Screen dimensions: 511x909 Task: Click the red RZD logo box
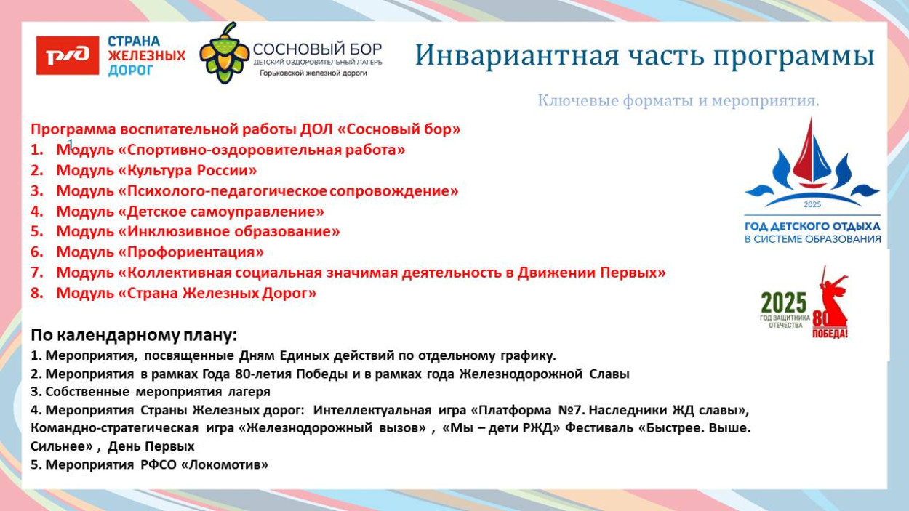click(68, 56)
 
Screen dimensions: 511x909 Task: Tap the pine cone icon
click(225, 52)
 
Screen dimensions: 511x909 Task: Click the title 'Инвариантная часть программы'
click(644, 56)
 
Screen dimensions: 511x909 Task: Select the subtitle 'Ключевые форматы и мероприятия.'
click(678, 101)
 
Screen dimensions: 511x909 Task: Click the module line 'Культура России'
click(156, 171)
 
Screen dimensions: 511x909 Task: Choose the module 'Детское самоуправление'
click(190, 212)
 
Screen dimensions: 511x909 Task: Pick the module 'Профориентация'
click(160, 252)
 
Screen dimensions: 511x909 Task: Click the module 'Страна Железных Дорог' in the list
click(186, 294)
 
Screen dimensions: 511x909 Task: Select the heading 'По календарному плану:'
click(134, 336)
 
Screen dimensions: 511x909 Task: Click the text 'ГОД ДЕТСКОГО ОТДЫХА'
click(812, 226)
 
